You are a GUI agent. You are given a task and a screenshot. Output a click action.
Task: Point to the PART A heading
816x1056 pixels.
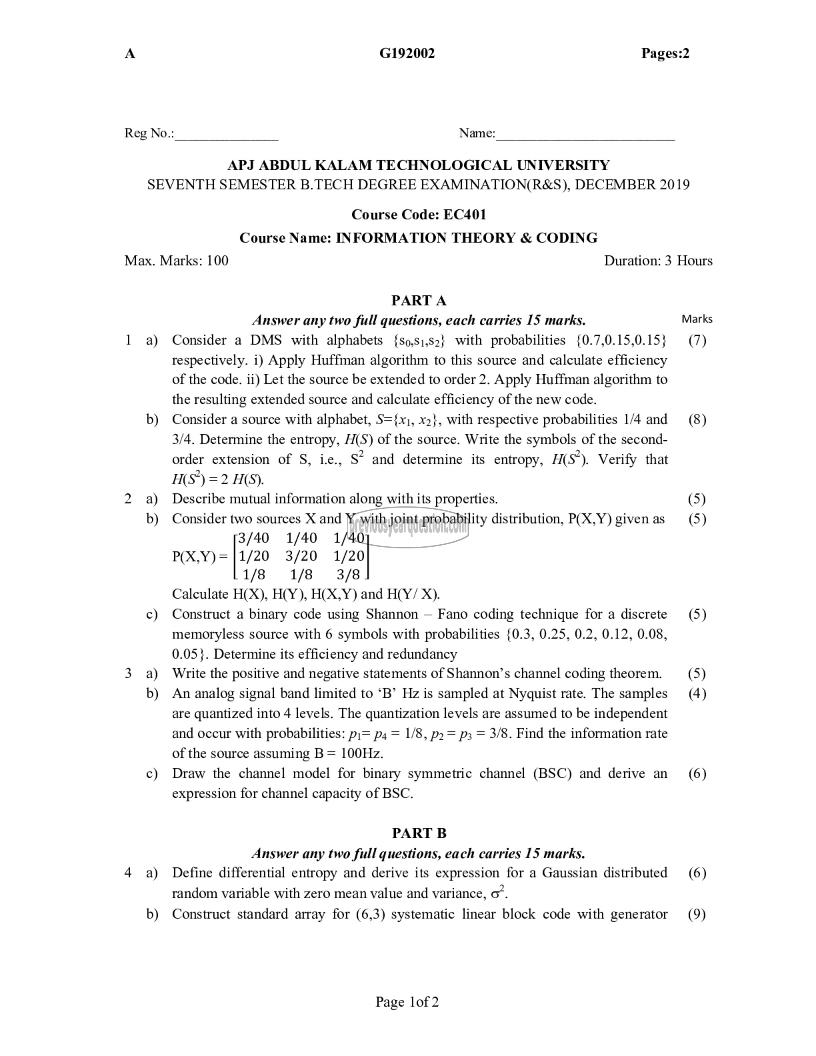point(419,301)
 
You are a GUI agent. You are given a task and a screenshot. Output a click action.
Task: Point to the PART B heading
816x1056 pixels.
point(419,833)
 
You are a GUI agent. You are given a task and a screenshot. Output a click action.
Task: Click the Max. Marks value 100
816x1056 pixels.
point(217,261)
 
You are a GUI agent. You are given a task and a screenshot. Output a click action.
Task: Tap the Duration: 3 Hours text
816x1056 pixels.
point(658,261)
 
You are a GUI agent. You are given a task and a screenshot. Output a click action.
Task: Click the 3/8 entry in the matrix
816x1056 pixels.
point(348,575)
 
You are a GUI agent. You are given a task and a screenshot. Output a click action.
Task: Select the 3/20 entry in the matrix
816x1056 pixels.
point(301,556)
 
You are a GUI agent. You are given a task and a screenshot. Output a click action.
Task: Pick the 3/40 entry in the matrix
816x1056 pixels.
point(254,538)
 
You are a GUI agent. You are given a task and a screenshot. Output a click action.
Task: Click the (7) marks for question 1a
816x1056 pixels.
point(696,340)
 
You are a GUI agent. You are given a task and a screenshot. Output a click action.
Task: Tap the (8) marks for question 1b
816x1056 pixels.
point(696,420)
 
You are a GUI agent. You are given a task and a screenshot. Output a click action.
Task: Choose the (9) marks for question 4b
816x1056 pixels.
point(696,914)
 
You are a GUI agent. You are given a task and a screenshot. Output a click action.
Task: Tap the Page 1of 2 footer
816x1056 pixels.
point(407,1002)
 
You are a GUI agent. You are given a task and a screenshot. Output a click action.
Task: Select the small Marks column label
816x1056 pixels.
point(696,319)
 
